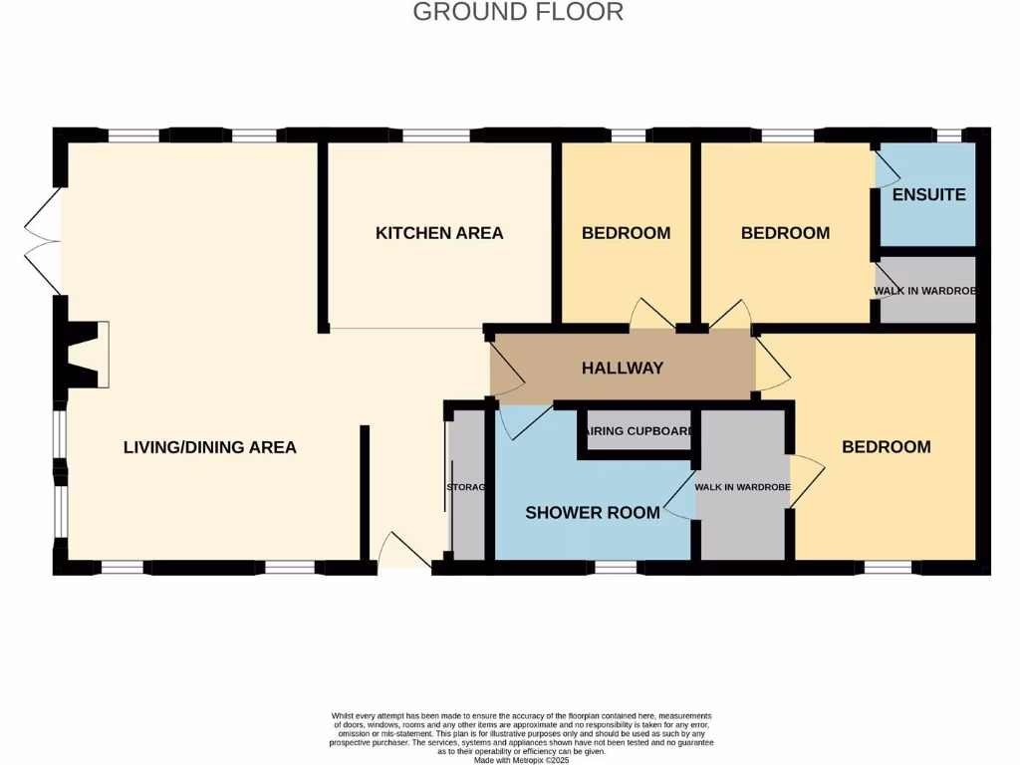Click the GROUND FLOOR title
(518, 12)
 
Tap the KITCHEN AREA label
(439, 233)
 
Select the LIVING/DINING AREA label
(209, 447)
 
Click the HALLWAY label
(623, 369)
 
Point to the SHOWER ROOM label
(592, 513)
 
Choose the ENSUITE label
(928, 194)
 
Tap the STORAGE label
(465, 487)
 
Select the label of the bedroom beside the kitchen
(626, 233)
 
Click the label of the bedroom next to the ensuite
(785, 233)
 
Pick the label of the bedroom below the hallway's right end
(886, 447)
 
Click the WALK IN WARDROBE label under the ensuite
(925, 291)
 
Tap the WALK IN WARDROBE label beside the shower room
(742, 487)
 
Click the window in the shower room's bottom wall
(615, 567)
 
